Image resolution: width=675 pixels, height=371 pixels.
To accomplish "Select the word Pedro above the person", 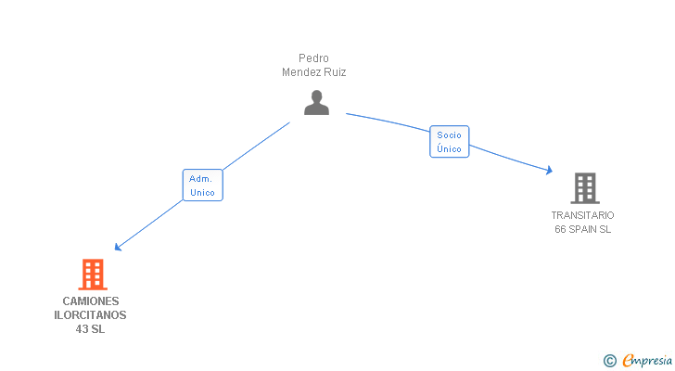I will [313, 58].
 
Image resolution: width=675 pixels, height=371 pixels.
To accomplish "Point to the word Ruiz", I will [334, 71].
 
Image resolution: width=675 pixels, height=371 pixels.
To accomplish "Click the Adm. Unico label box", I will [202, 185].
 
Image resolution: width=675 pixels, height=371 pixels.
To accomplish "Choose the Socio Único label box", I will [450, 142].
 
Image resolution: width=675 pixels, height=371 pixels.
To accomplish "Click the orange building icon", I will [92, 275].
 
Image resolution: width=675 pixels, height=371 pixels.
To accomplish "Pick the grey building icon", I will [584, 188].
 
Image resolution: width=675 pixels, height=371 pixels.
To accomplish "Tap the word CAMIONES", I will [91, 301].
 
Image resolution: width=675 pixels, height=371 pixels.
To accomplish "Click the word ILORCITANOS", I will [91, 315].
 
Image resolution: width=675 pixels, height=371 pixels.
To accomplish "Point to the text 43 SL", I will [91, 329].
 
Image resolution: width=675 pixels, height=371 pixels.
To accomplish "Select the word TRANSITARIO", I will [582, 215].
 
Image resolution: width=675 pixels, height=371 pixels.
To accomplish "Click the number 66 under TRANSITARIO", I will [561, 229].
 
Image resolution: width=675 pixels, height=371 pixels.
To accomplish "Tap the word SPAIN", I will [584, 229].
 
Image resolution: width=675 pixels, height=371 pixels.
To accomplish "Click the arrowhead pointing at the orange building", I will [118, 247].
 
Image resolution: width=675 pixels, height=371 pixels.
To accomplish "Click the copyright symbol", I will [609, 361].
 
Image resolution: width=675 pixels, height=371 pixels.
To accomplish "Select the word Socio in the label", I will [450, 135].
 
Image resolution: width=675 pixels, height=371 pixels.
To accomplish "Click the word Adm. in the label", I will [201, 178].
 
